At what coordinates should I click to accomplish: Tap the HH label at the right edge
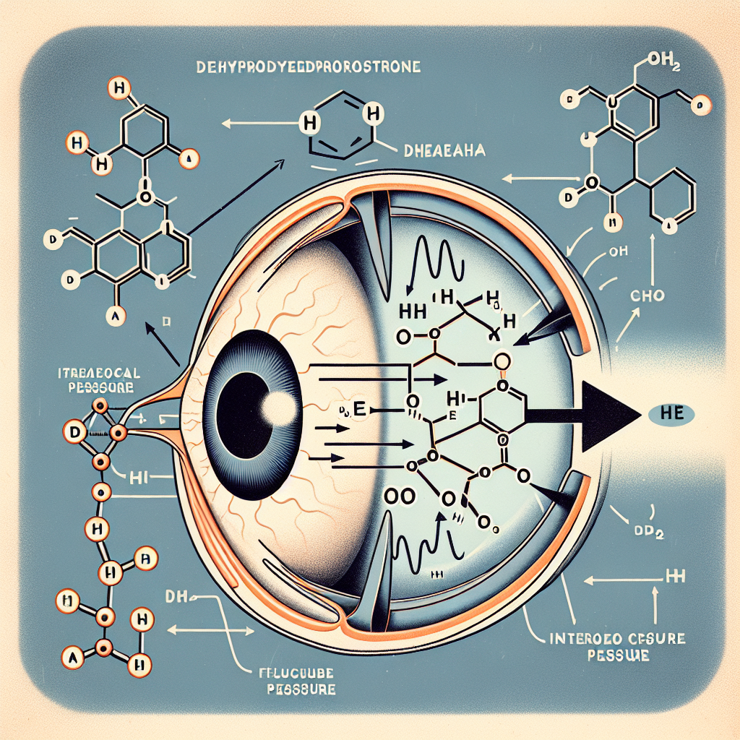(673, 579)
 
